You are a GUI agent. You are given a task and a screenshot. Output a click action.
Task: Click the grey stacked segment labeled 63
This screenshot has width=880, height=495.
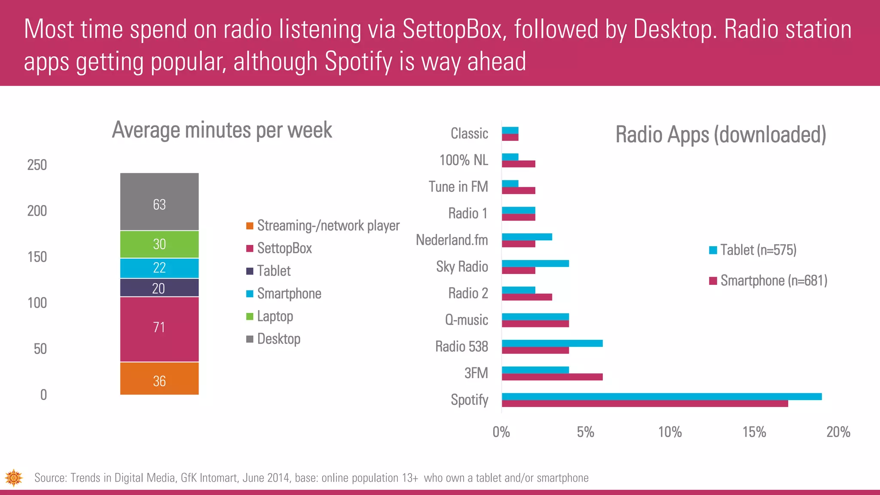click(x=159, y=202)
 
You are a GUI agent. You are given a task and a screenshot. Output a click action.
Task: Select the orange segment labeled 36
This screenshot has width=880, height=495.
click(x=159, y=379)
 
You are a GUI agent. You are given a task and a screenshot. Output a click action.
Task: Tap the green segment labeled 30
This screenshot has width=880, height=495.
click(x=159, y=244)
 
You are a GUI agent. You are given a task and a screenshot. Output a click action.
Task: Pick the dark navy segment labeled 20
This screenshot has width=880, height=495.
click(x=159, y=287)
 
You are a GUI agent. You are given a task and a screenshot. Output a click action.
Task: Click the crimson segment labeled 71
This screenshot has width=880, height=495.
click(x=159, y=329)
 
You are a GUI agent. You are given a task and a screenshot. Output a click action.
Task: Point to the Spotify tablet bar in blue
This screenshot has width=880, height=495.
click(x=661, y=397)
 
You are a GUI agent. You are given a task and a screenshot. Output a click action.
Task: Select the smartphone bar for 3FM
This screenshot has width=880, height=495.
click(x=552, y=377)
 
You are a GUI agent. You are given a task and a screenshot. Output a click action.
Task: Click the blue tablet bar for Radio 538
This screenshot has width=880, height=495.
click(x=552, y=343)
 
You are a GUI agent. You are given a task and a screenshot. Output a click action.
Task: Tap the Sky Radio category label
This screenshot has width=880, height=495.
click(x=462, y=267)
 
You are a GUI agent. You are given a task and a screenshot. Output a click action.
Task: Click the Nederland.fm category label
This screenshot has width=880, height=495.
click(x=452, y=240)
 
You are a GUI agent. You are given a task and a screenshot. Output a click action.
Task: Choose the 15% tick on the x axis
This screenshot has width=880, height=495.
click(x=754, y=432)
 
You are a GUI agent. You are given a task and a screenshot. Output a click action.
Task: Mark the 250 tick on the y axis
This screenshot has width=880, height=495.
click(x=37, y=165)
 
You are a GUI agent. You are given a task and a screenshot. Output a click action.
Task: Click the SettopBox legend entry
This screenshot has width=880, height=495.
click(x=284, y=248)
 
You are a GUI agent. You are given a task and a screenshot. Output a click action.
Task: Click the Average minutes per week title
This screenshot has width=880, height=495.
click(x=222, y=130)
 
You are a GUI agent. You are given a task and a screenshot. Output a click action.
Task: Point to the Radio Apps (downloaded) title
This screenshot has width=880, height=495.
click(x=721, y=134)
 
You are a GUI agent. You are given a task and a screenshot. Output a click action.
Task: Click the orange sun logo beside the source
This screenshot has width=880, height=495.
click(x=14, y=477)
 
